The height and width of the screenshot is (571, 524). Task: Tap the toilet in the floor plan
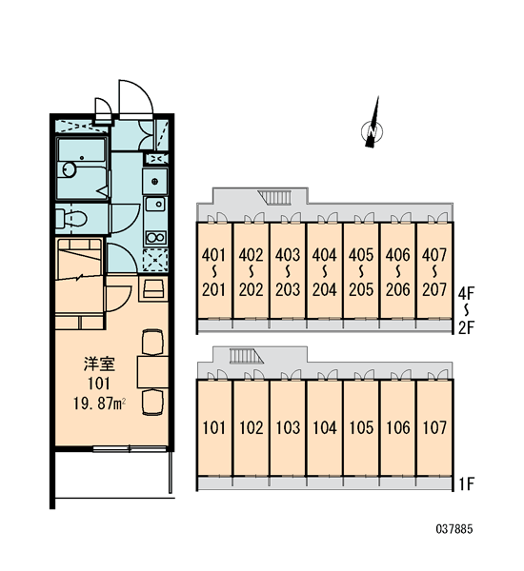click(71, 219)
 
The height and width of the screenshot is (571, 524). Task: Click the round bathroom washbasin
click(69, 169)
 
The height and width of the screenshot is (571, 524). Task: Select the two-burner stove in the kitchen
click(155, 237)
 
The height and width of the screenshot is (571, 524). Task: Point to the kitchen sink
click(155, 205)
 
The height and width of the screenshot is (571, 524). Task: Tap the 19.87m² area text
click(99, 404)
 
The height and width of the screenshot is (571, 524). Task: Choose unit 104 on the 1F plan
click(325, 427)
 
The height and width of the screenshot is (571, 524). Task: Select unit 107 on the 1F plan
click(434, 427)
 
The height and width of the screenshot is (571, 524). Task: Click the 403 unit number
click(288, 255)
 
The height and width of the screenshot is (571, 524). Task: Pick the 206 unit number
click(398, 290)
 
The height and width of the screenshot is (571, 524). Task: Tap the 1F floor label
click(466, 484)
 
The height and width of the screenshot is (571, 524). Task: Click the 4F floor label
click(466, 292)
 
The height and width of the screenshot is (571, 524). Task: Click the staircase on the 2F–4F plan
click(274, 197)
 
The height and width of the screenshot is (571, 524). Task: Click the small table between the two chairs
click(152, 372)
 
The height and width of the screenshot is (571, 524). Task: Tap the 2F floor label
click(466, 328)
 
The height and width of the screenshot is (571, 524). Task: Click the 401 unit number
click(214, 255)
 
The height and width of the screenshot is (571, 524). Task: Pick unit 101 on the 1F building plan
click(214, 427)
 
